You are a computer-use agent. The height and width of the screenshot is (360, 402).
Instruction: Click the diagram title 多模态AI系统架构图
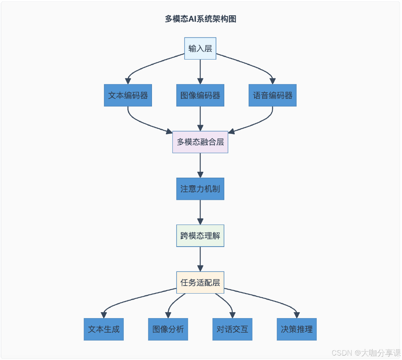pos(200,19)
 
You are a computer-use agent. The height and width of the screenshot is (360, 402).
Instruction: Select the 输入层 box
pos(200,48)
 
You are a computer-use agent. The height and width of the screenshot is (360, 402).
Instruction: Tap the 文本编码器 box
pos(128,95)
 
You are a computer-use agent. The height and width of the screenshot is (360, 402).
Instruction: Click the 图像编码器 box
pos(200,95)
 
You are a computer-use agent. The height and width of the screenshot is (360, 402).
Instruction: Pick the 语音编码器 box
pos(273,95)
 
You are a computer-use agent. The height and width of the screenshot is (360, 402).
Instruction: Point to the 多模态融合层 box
pos(200,142)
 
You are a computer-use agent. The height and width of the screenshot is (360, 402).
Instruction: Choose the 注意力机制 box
pos(200,189)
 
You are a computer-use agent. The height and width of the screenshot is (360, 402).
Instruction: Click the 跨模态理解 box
pos(200,235)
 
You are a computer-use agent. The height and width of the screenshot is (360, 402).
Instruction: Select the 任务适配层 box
pos(200,282)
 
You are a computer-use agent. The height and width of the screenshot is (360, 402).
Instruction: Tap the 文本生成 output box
pos(104,329)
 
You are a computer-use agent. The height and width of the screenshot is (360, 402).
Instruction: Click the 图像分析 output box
pos(168,329)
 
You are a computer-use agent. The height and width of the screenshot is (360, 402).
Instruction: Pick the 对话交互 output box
pos(232,329)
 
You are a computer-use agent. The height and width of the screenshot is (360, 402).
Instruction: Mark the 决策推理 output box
pos(297,329)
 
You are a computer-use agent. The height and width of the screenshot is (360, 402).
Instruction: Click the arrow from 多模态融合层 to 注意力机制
pos(200,165)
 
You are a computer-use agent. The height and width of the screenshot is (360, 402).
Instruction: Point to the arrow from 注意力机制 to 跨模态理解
pos(200,212)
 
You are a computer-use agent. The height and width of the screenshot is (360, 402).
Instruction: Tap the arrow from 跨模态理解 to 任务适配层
pos(200,259)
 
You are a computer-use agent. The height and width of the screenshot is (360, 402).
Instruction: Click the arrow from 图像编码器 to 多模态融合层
pos(200,118)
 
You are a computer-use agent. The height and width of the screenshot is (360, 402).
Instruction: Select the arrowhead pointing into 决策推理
pos(297,315)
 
